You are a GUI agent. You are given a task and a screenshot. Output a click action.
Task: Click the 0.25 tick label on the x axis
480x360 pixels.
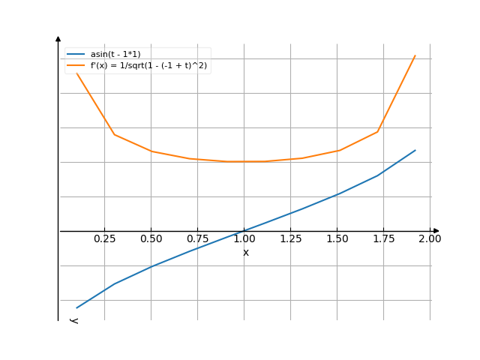[104, 239]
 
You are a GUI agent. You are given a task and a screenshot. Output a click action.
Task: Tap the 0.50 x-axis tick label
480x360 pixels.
[151, 239]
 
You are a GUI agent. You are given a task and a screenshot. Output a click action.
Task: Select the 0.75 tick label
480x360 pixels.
[197, 239]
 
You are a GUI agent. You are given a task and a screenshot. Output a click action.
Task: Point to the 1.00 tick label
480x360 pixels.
[244, 239]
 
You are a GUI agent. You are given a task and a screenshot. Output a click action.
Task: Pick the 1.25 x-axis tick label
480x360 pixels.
[290, 239]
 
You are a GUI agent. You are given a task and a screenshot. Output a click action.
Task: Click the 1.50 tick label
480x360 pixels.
[337, 239]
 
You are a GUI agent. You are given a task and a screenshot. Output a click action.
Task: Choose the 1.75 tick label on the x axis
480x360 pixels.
[383, 239]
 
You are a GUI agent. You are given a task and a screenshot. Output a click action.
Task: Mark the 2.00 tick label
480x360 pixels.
[430, 239]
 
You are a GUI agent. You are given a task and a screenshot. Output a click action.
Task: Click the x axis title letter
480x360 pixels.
[246, 253]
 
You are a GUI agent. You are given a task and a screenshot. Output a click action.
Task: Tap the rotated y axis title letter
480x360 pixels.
[73, 320]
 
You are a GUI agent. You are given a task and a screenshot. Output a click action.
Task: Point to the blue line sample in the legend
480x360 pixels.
[75, 54]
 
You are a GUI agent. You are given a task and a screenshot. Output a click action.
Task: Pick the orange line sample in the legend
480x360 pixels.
[75, 66]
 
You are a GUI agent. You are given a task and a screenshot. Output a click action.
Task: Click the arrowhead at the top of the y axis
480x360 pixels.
[58, 37]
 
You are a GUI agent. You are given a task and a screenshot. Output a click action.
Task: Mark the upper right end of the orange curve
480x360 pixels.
[415, 55]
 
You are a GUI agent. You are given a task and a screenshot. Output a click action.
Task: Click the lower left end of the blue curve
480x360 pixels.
[76, 307]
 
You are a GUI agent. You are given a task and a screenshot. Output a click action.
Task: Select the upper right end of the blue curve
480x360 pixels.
[415, 150]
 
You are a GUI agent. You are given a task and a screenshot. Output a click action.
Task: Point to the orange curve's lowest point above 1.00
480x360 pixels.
[244, 161]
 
